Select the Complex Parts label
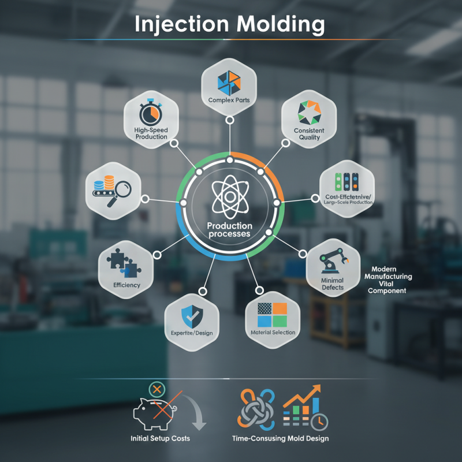click(229, 100)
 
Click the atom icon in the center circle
click(230, 196)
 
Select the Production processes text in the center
click(230, 230)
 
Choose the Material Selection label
click(273, 333)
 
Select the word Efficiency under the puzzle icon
click(127, 285)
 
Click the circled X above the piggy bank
click(156, 388)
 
